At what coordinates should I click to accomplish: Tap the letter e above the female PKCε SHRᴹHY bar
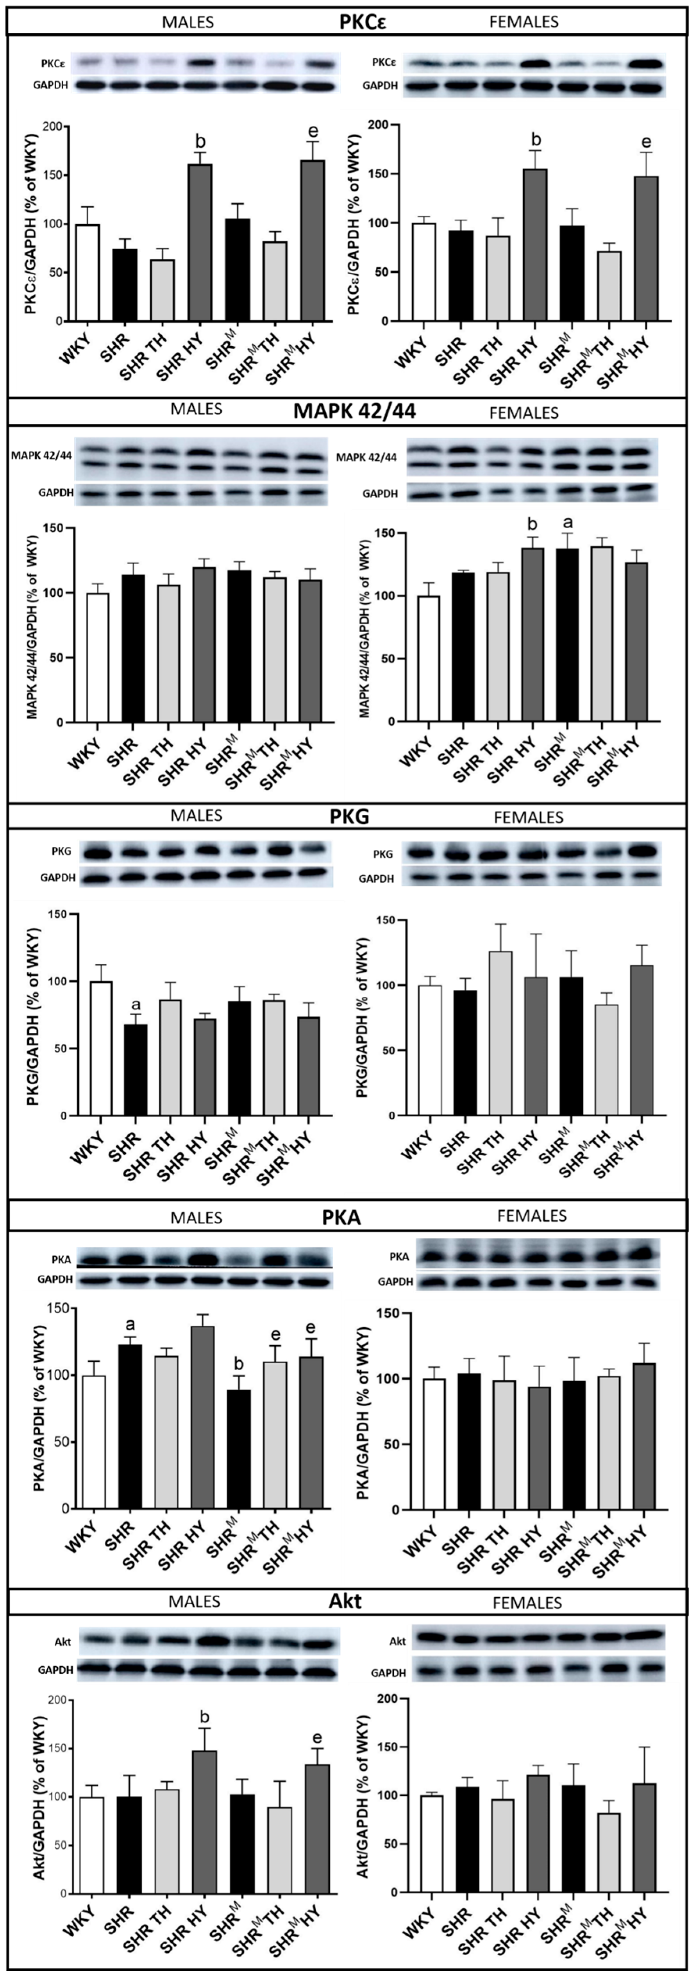click(x=647, y=142)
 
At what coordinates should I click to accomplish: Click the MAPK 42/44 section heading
click(x=354, y=411)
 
